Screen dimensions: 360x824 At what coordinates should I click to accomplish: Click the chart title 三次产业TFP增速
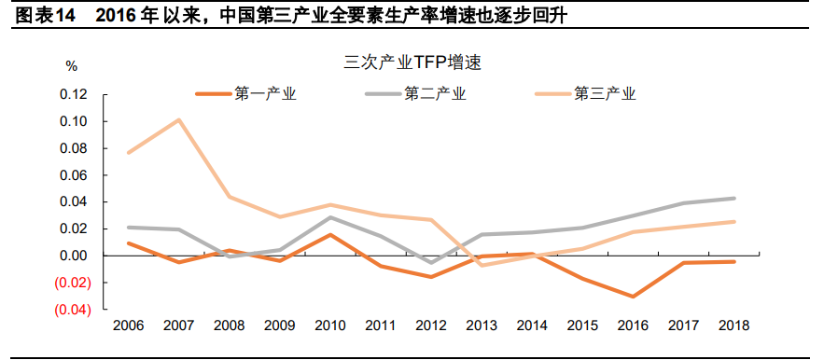[x=411, y=63]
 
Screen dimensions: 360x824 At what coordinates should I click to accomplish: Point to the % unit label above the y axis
[x=72, y=66]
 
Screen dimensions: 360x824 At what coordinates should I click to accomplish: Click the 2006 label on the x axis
[x=128, y=325]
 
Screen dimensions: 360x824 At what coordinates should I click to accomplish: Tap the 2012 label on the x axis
[x=431, y=325]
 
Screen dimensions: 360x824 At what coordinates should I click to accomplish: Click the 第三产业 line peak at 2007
[x=178, y=119]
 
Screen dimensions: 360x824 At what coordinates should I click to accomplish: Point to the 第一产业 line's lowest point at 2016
[x=634, y=297]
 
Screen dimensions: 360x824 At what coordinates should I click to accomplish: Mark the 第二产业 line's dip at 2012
[x=431, y=263]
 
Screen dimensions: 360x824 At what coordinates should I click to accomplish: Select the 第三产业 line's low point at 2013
[x=482, y=265]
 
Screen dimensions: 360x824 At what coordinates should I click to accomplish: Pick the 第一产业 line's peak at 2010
[x=330, y=234]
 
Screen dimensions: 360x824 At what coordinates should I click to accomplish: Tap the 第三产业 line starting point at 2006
[x=128, y=152]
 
